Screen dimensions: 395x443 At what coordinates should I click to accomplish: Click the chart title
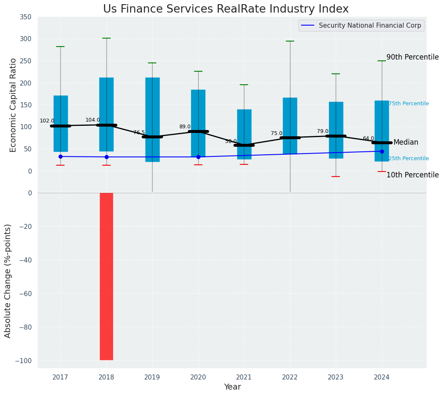click(x=225, y=9)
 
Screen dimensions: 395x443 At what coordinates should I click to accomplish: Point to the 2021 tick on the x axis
click(x=244, y=377)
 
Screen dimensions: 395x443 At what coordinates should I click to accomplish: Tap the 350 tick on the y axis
click(x=25, y=17)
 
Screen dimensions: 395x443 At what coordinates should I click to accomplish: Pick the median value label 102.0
click(x=47, y=121)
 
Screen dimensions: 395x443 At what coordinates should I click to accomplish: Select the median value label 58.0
click(x=231, y=141)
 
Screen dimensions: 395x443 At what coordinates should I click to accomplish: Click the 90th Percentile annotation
click(x=412, y=57)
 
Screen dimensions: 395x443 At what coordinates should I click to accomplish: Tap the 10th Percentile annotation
click(x=412, y=175)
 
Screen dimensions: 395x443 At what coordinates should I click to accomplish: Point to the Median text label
click(x=406, y=143)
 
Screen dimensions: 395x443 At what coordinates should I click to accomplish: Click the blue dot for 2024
click(x=382, y=151)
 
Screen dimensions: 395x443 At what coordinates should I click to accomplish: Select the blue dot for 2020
click(x=198, y=157)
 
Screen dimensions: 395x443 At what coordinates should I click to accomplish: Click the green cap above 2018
click(x=106, y=38)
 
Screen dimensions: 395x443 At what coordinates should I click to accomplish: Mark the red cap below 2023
click(x=336, y=177)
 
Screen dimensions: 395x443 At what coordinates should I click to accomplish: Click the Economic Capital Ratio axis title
click(x=13, y=105)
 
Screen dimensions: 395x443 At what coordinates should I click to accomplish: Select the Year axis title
click(x=232, y=387)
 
